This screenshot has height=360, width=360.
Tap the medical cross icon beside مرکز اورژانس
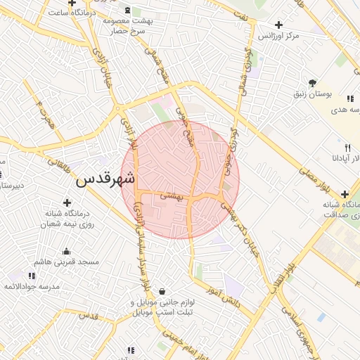click(279, 25)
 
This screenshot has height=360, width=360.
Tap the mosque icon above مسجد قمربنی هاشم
click(67, 251)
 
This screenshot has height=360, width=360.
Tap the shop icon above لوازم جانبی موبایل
click(162, 291)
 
